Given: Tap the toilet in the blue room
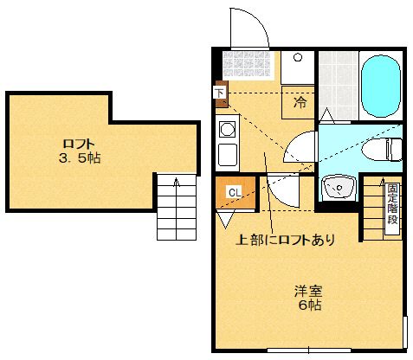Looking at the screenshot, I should (x=385, y=149).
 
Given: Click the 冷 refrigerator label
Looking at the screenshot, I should (x=299, y=103).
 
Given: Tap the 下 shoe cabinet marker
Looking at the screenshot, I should (x=219, y=91).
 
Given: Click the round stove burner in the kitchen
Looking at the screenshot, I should (x=228, y=130).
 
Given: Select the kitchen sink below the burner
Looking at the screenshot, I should (x=228, y=156).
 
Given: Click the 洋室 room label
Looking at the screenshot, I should (x=304, y=290).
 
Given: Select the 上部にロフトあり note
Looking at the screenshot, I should (x=286, y=239).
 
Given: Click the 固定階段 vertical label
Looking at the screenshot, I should (x=393, y=203).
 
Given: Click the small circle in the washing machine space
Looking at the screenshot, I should (x=297, y=58).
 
